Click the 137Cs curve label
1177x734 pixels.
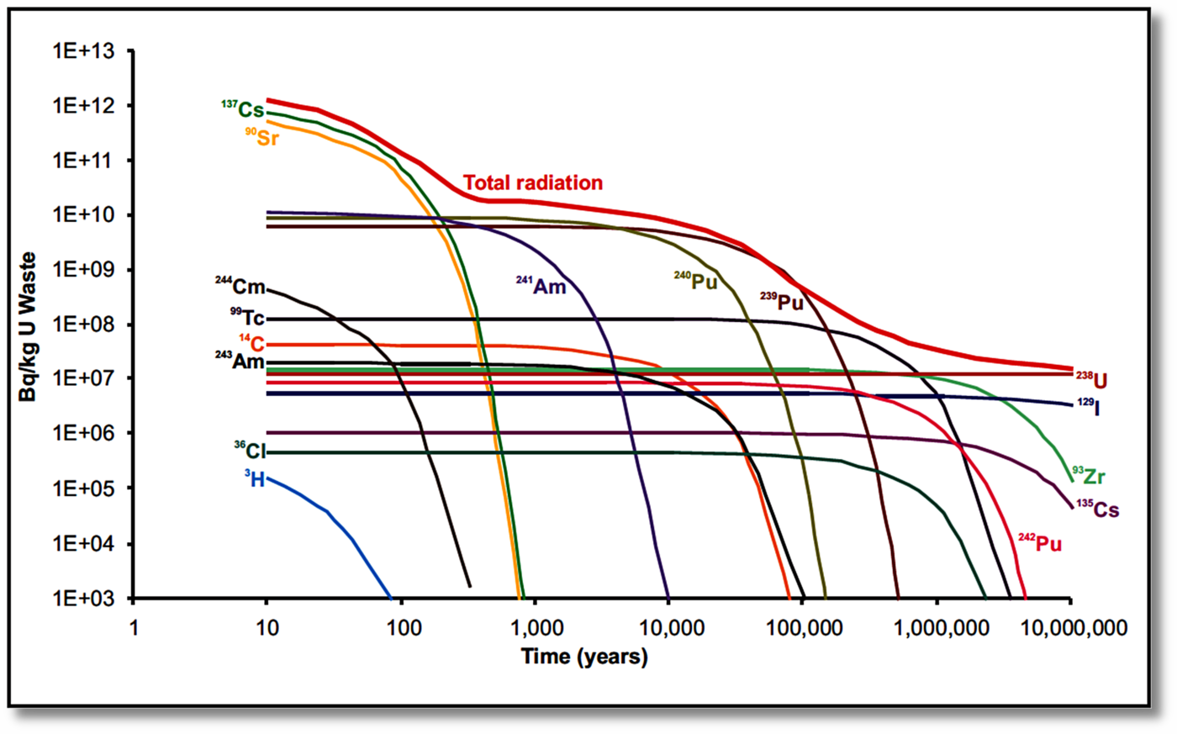[x=242, y=109]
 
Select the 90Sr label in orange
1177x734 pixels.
[x=262, y=136]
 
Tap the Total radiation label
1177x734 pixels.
[x=533, y=182]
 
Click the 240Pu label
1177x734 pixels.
[x=695, y=282]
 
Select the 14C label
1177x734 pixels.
[x=251, y=343]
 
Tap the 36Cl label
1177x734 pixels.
[x=250, y=451]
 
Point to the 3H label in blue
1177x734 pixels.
[x=255, y=479]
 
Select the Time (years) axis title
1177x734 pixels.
[x=584, y=657]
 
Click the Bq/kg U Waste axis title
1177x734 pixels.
[x=29, y=326]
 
